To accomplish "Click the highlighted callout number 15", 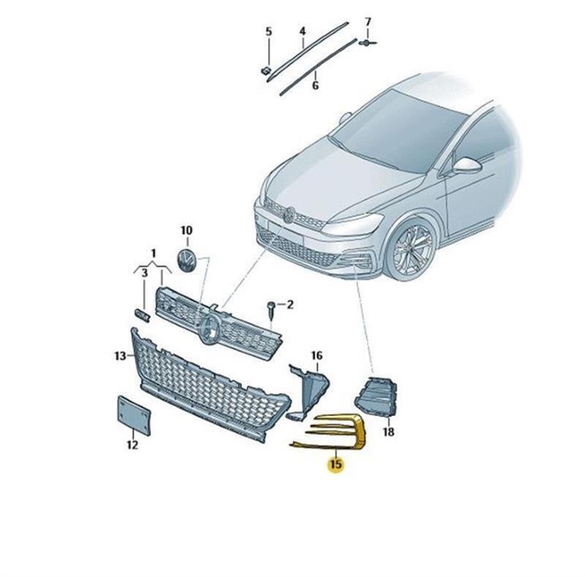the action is (x=336, y=464).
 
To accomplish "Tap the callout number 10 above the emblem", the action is (x=186, y=230).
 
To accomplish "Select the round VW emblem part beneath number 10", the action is (x=186, y=260).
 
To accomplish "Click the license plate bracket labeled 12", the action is (x=134, y=415).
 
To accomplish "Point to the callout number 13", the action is (x=120, y=355).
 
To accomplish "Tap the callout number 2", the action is (x=290, y=304).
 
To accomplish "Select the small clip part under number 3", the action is (x=142, y=315).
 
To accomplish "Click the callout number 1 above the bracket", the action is (x=153, y=254).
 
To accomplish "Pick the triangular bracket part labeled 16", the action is (x=308, y=392).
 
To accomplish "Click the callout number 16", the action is (x=317, y=355).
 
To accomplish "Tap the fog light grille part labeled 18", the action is (x=376, y=397).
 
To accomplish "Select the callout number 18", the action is (x=388, y=431).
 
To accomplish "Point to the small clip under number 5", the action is (x=265, y=70).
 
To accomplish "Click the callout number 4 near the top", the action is (x=303, y=31).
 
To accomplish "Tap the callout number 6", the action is (x=315, y=86).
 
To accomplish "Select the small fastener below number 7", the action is (x=368, y=42).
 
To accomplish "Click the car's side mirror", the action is (x=467, y=165).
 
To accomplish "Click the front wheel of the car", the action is (x=412, y=248).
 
